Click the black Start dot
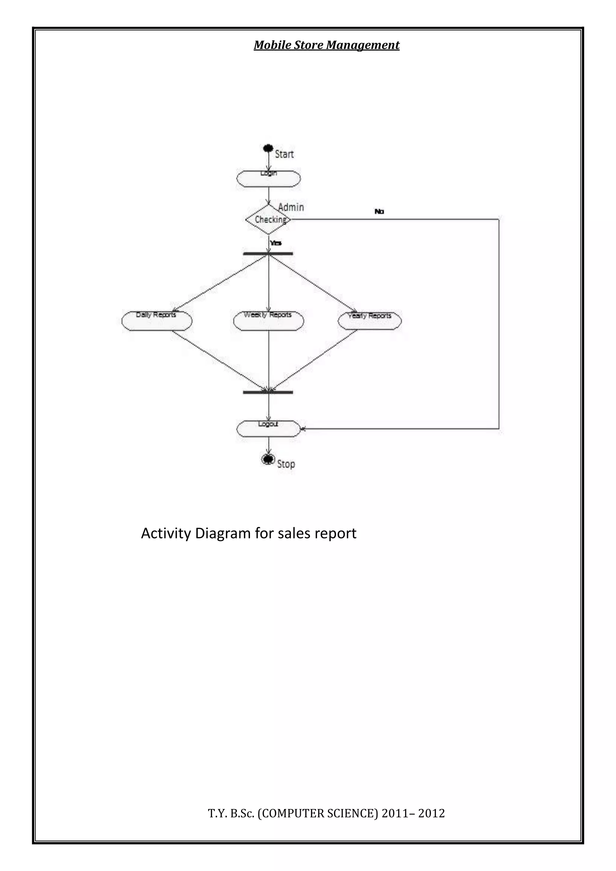268,148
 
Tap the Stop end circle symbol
268,459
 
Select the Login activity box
269,179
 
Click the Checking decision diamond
269,220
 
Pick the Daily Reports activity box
157,321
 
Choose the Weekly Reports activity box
269,321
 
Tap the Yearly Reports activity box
369,321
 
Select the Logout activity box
269,429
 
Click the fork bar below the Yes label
268,254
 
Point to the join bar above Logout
268,392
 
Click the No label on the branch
379,212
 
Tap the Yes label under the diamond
276,243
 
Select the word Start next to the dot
284,154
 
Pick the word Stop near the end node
286,464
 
